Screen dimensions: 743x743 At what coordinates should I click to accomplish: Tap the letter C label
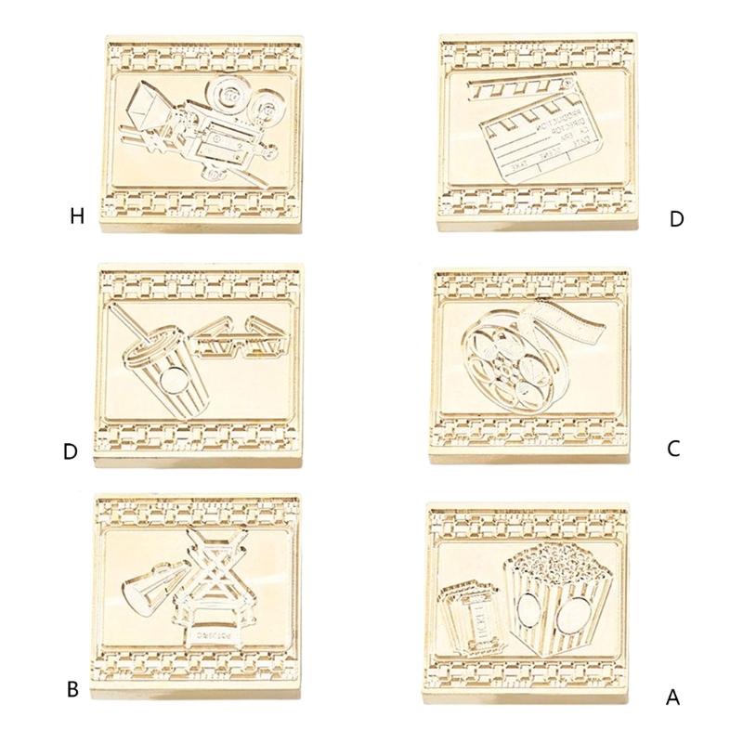click(675, 449)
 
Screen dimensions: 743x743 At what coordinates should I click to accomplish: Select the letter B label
click(72, 690)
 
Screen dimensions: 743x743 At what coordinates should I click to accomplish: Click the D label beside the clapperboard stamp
click(676, 219)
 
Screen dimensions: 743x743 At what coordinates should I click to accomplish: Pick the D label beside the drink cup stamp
click(71, 452)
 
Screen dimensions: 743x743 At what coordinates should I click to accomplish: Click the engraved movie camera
click(204, 130)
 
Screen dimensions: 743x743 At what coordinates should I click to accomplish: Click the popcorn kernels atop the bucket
click(539, 561)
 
